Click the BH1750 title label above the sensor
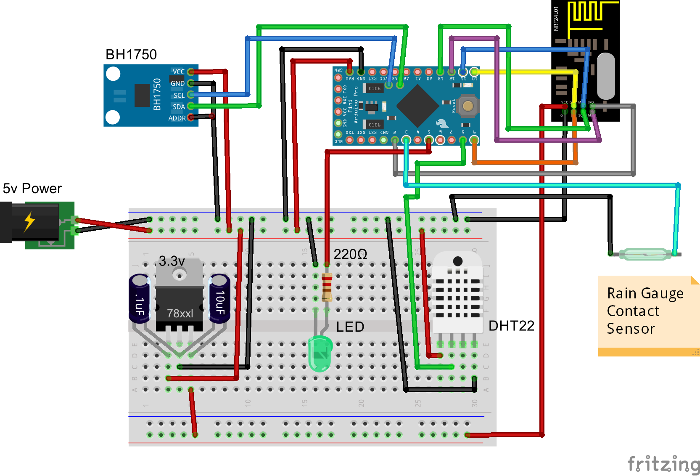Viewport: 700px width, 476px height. pos(131,55)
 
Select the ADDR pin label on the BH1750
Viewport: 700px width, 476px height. pos(177,118)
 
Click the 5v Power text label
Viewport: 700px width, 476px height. pos(32,189)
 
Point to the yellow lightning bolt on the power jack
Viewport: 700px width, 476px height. pos(29,221)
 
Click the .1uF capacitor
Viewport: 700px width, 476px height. pos(139,299)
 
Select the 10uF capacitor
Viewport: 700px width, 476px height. pos(219,299)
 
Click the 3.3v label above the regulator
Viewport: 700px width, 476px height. pos(172,261)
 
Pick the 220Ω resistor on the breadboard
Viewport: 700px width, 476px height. pos(327,287)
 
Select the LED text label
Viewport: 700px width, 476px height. pos(350,327)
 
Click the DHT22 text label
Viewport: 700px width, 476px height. pos(511,326)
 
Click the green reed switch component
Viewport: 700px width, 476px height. pos(645,254)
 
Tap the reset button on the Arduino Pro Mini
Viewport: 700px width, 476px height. pos(468,106)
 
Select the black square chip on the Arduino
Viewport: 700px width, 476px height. pos(417,105)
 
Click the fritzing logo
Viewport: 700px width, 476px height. pos(663,464)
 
